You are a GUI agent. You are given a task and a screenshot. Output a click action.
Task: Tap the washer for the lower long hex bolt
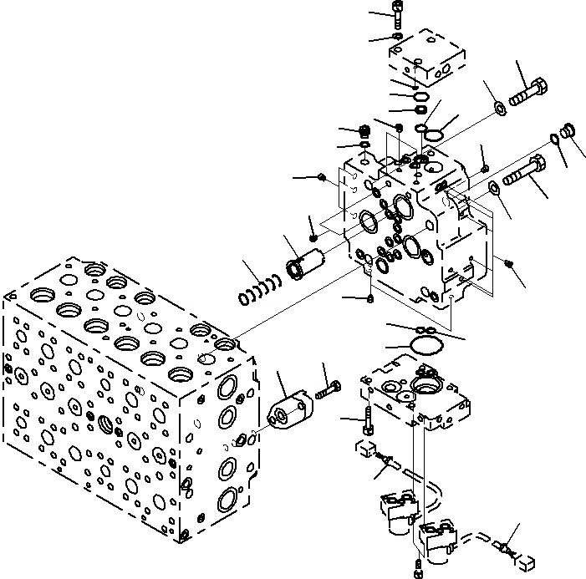tap(494, 187)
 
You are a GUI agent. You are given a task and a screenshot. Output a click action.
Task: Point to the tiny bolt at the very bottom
tap(417, 571)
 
